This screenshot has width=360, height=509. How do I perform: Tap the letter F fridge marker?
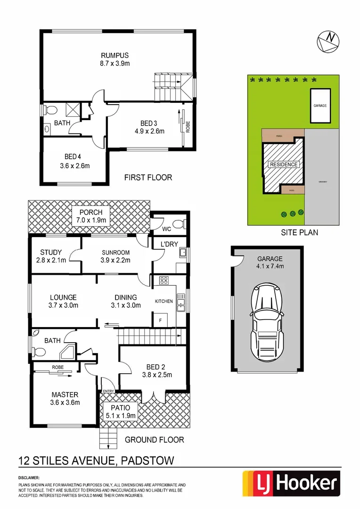pyautogui.click(x=161, y=320)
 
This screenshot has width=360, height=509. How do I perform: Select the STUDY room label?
pyautogui.click(x=51, y=252)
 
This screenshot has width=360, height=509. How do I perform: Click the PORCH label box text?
pyautogui.click(x=90, y=212)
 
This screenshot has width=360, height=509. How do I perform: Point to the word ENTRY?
pyautogui.click(x=108, y=391)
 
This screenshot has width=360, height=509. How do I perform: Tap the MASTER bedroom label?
pyautogui.click(x=65, y=394)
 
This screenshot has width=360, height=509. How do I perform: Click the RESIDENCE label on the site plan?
pyautogui.click(x=284, y=164)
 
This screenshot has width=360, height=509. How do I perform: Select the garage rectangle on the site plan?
pyautogui.click(x=319, y=106)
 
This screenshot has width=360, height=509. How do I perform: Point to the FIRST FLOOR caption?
pyautogui.click(x=148, y=178)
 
